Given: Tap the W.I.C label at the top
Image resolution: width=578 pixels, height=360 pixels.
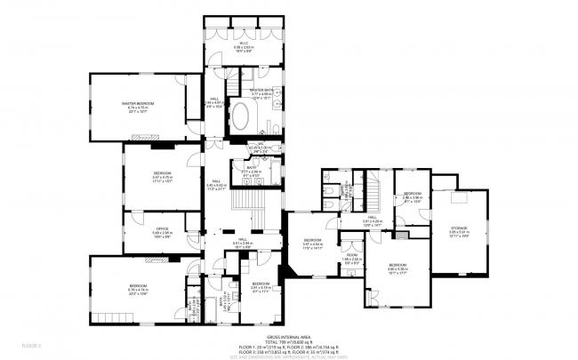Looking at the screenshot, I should pos(243,42).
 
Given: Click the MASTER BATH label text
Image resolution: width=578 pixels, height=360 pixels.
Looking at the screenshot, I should pos(264,91).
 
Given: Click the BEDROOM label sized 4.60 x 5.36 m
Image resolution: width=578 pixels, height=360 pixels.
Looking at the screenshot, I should pos(398,266).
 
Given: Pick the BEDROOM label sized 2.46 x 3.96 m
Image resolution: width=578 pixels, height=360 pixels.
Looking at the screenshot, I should pos(412,194).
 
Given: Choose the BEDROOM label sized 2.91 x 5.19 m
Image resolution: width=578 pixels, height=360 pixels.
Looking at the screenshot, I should pos(261,284).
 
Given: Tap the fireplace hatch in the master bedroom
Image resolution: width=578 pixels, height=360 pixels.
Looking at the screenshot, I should pos(141,137).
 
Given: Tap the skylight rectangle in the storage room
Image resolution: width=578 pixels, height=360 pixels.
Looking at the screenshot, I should pos(458,197).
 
